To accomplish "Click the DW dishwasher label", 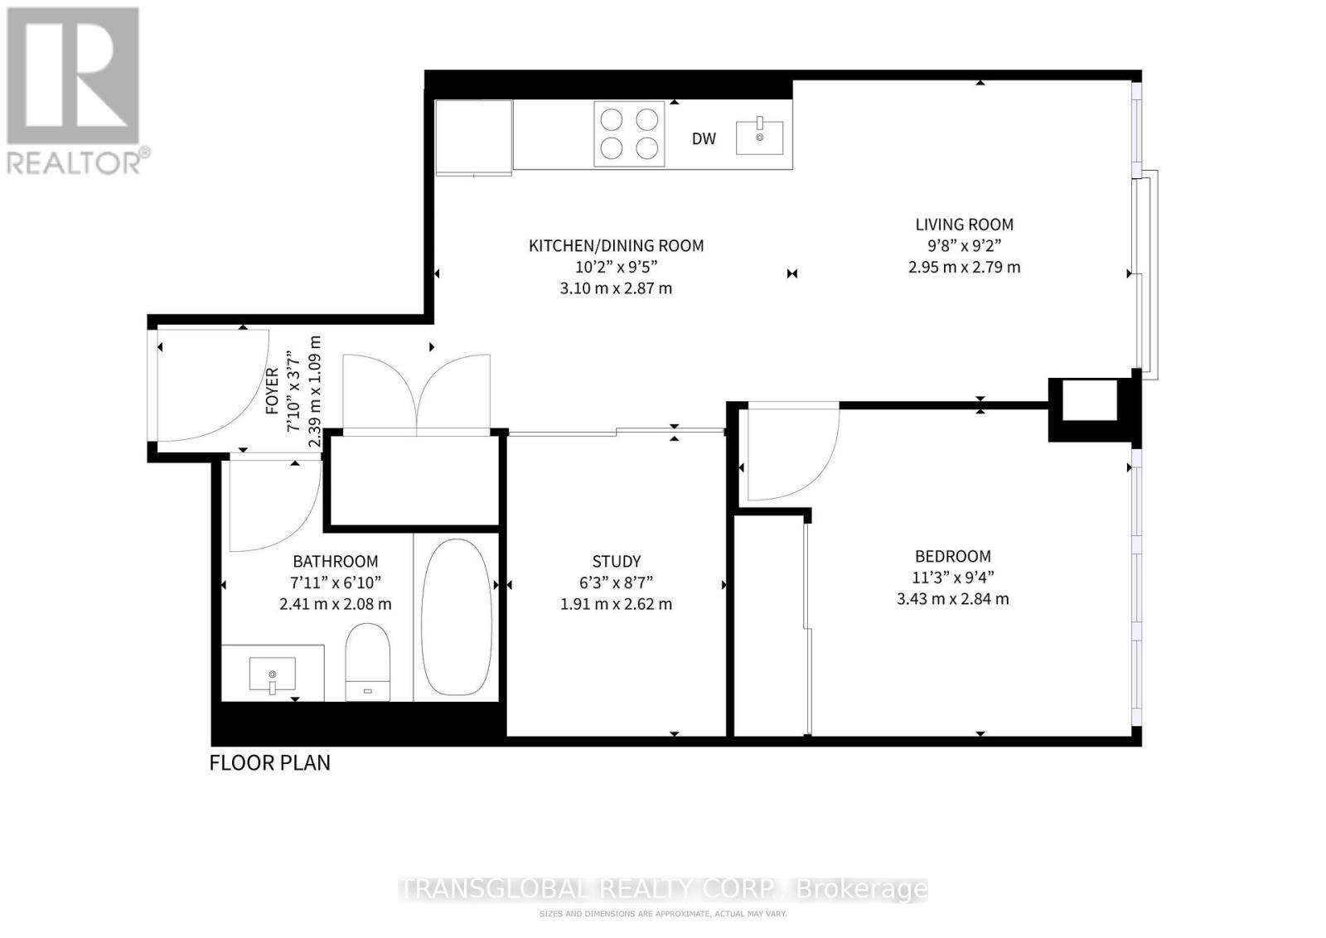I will tap(704, 139).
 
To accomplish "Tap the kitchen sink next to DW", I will tap(759, 138).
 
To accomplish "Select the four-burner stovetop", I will tap(629, 134).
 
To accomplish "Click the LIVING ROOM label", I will tap(964, 225).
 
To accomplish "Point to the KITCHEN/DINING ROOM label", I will tap(616, 246).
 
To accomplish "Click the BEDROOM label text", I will tap(952, 557).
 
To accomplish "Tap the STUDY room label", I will tap(616, 562).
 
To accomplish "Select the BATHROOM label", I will tap(336, 562).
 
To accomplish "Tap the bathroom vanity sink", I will tap(272, 674).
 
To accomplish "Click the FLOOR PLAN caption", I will tap(269, 762).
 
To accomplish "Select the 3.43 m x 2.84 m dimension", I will tap(952, 599).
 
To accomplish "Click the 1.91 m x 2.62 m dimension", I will tap(616, 604).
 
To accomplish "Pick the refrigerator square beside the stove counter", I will tap(473, 138).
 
